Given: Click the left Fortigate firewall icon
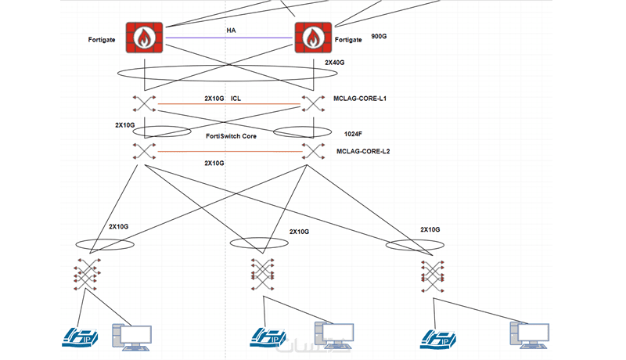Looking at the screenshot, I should click(x=144, y=37).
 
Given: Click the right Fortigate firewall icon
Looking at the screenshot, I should click(x=312, y=37).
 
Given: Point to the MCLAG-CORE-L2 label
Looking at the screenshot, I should click(x=363, y=150).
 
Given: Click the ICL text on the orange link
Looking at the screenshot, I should click(x=236, y=99).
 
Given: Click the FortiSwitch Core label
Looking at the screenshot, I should click(x=229, y=137).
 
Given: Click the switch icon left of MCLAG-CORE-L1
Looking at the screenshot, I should click(x=313, y=104).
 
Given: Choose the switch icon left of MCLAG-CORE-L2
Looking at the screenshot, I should click(x=313, y=151).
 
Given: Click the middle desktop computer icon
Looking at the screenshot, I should click(x=328, y=335).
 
